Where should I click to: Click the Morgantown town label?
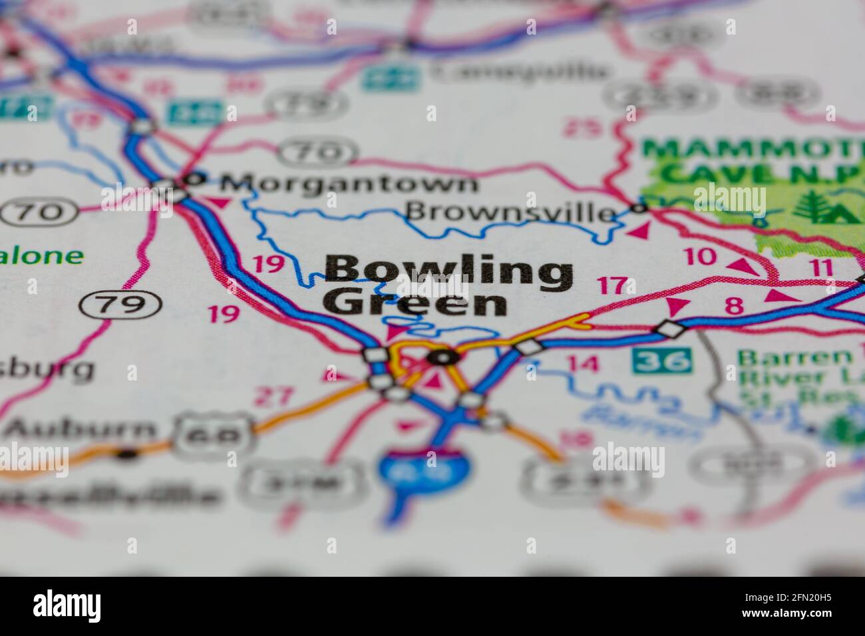349,183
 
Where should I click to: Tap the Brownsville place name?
510,212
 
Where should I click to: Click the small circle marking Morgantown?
194,178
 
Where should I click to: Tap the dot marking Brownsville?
639,209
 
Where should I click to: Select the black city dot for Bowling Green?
443,358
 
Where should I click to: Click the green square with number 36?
661,361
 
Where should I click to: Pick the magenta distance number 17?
611,286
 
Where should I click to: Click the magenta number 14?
583,364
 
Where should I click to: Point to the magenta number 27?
274,397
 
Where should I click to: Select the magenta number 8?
733,306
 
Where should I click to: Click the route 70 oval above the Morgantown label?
317,152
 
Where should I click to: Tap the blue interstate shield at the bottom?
424,468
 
